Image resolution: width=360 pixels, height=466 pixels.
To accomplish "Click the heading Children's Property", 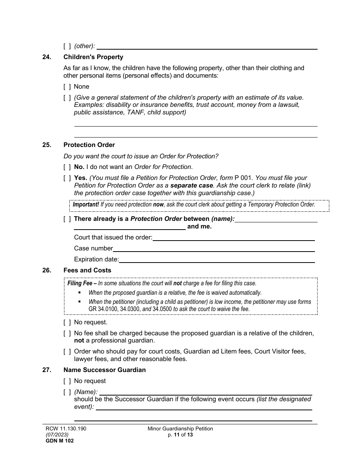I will click(x=93, y=57).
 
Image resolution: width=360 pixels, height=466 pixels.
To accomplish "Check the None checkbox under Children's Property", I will click(x=67, y=86).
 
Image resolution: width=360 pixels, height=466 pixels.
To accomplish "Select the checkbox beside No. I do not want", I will click(x=67, y=167).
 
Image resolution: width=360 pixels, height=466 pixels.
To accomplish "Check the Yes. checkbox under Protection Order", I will click(x=67, y=178).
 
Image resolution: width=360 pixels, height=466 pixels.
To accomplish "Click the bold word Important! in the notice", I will click(x=86, y=205).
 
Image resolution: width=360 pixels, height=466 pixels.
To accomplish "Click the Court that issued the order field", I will click(x=233, y=238).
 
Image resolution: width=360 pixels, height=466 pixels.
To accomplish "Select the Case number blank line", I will click(x=214, y=249).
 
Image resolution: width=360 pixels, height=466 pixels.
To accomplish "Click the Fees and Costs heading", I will click(x=87, y=270).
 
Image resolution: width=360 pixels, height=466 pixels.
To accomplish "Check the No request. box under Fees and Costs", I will click(x=67, y=322).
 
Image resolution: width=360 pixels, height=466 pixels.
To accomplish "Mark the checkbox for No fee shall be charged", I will click(x=67, y=333).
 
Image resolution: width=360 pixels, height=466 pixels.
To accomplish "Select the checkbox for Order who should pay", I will click(x=67, y=351).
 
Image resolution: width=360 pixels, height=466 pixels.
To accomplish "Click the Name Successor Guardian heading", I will click(x=104, y=370).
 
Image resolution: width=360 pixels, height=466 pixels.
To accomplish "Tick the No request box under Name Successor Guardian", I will click(x=67, y=381).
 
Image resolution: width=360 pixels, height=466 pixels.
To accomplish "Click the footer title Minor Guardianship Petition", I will click(x=180, y=428).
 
